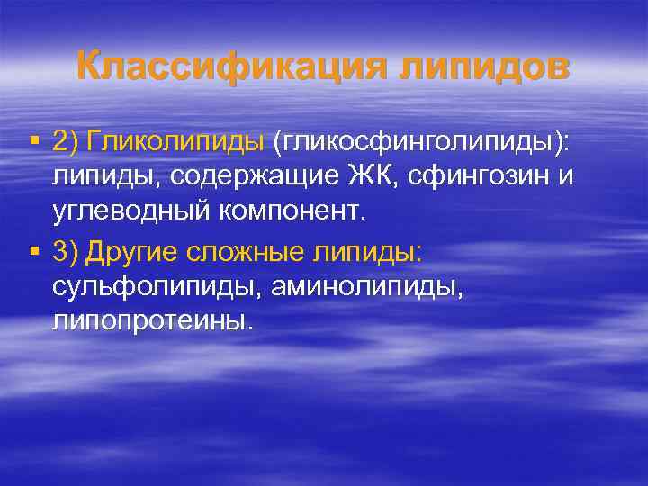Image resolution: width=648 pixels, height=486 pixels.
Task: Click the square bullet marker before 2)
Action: point(34,140)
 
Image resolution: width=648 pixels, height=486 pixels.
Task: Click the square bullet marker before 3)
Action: point(34,253)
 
